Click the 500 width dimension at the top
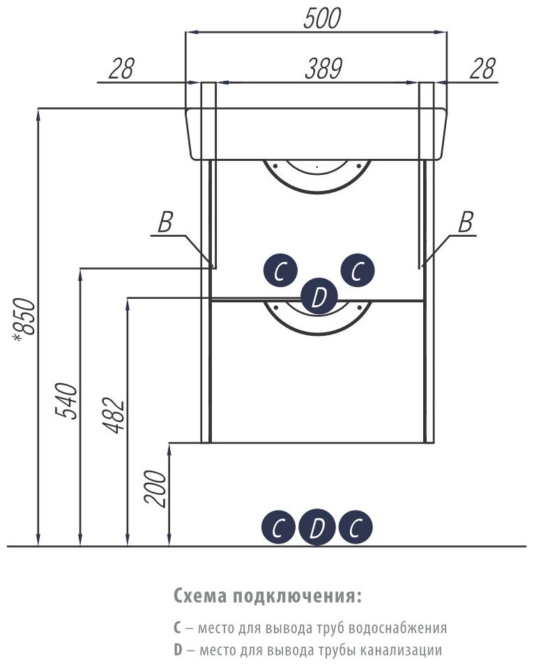pos(321,20)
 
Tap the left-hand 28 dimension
pos(121,68)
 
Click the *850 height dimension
pos(25,320)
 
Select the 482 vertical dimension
pos(116,415)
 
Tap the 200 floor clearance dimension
pos(158,487)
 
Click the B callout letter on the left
pos(165,224)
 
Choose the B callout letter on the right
pos(465,224)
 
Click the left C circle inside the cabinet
pos(280,271)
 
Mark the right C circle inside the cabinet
pos(357,271)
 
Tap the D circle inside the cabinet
pos(319,297)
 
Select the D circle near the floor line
pos(316,529)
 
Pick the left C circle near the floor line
pos(278,529)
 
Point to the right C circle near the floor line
pos(356,529)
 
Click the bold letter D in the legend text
pos(178,650)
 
